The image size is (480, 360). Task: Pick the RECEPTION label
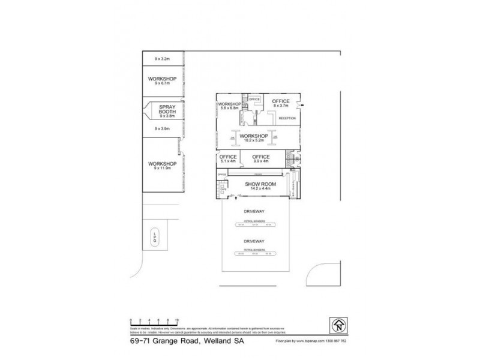[287, 118]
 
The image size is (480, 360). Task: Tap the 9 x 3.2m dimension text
[163, 58]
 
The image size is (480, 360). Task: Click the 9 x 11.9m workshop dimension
[163, 169]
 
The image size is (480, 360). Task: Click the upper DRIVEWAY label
[254, 212]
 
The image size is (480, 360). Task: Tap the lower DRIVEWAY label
[254, 240]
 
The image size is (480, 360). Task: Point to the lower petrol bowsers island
[254, 252]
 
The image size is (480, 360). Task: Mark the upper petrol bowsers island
[254, 224]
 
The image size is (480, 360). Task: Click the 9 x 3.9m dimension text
[163, 128]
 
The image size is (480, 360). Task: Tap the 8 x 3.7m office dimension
[280, 106]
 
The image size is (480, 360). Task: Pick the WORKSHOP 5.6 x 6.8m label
[229, 106]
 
